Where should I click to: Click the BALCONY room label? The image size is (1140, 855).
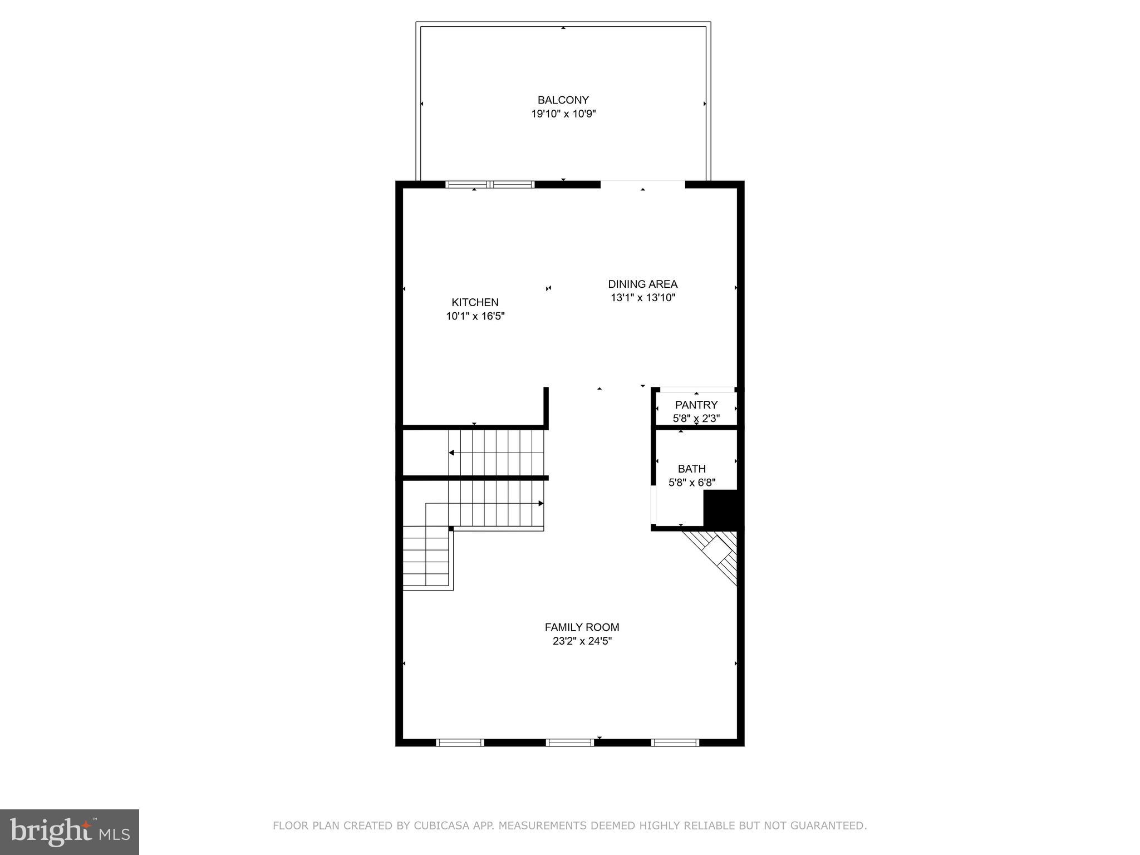tap(563, 100)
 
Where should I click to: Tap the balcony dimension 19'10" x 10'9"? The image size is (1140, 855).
tap(563, 114)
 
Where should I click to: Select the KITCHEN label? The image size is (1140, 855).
tap(475, 302)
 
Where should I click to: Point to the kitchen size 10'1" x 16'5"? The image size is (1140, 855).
tap(475, 316)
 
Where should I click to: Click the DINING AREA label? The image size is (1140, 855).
tap(642, 284)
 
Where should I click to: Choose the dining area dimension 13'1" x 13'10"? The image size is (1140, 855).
tap(642, 298)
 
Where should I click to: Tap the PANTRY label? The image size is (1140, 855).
tap(696, 405)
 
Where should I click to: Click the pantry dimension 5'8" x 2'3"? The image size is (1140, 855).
tap(696, 419)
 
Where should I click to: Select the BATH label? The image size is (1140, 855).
tap(691, 469)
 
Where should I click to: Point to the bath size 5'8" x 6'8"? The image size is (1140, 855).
tap(691, 483)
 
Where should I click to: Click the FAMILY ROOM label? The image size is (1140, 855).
tap(582, 627)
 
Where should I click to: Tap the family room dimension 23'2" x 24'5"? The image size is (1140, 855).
tap(582, 641)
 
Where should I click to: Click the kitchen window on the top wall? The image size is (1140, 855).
tap(490, 184)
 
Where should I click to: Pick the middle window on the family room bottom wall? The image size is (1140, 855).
tap(570, 742)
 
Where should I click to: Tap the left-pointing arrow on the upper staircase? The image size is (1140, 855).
tap(451, 453)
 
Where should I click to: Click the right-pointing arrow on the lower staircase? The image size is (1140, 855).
tap(540, 503)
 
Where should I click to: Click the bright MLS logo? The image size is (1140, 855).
tap(70, 832)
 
